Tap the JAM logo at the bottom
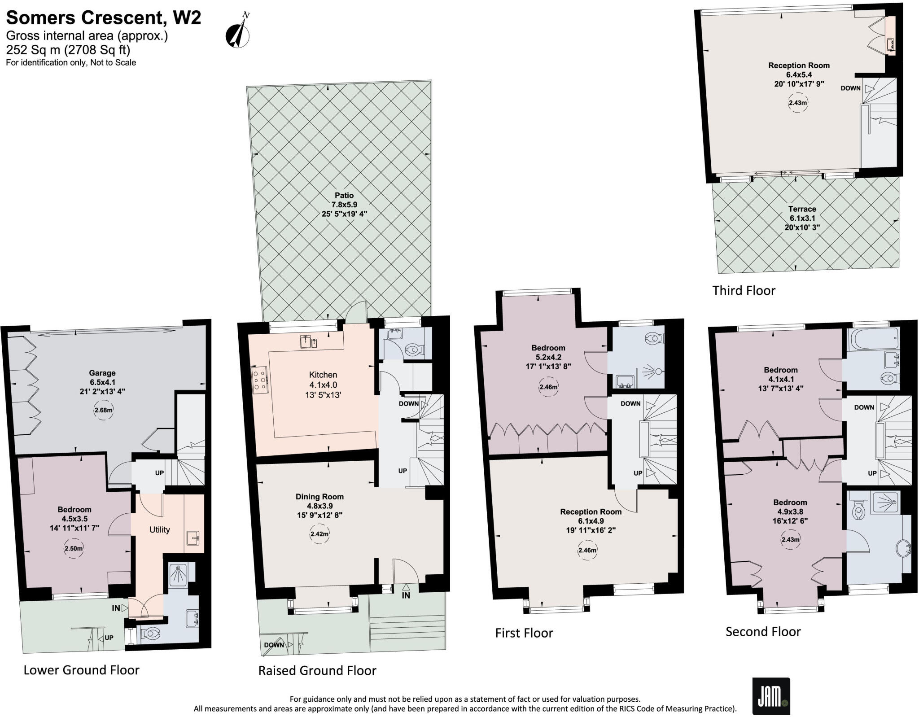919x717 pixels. pyautogui.click(x=771, y=695)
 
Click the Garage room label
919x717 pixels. pyautogui.click(x=102, y=373)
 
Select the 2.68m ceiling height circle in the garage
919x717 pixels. pyautogui.click(x=104, y=410)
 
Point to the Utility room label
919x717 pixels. pyautogui.click(x=159, y=529)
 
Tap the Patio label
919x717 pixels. pyautogui.click(x=344, y=195)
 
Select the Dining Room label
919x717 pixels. pyautogui.click(x=319, y=496)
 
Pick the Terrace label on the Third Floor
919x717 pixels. pyautogui.click(x=802, y=209)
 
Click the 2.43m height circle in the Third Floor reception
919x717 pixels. pyautogui.click(x=798, y=103)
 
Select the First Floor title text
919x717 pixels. pyautogui.click(x=524, y=633)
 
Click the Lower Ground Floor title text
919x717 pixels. pyautogui.click(x=81, y=670)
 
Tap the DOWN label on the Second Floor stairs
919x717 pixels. pyautogui.click(x=864, y=407)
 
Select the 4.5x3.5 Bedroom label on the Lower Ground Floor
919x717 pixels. pyautogui.click(x=74, y=519)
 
